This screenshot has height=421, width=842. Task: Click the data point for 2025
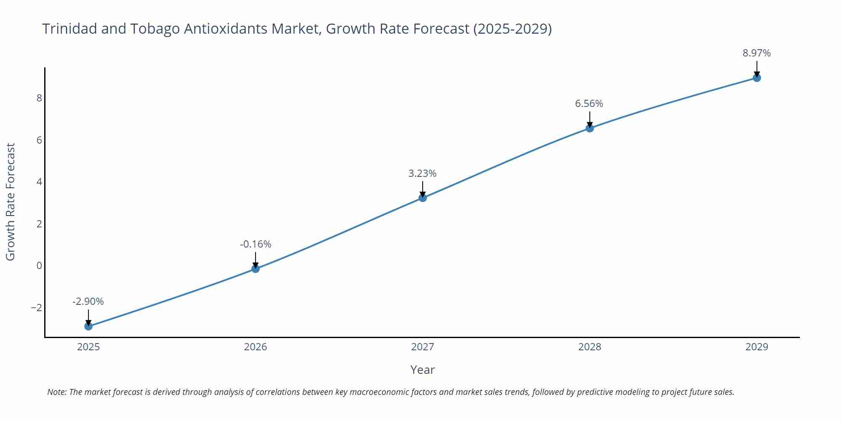tap(88, 326)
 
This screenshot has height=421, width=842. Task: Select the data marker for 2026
tap(256, 269)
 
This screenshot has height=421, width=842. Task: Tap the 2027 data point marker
tap(423, 197)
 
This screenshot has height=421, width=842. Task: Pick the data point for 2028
tap(590, 128)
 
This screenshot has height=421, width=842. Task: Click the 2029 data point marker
tap(757, 77)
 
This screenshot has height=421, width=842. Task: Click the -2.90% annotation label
tap(88, 301)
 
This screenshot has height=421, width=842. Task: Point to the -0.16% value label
tap(256, 244)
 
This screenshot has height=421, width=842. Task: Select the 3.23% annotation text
tap(422, 173)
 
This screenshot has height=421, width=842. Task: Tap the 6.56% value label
tap(589, 104)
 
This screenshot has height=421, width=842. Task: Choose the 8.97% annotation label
tap(757, 53)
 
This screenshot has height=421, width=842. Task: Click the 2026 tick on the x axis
tap(256, 347)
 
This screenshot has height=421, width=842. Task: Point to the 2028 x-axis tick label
tap(589, 347)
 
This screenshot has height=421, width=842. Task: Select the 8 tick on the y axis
tap(39, 98)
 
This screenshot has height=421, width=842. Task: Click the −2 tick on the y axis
tap(37, 308)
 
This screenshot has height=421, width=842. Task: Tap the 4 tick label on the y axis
tap(39, 182)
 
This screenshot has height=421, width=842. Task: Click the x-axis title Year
tap(422, 370)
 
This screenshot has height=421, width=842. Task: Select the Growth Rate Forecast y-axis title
tap(11, 202)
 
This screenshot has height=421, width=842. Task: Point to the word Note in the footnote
tap(56, 392)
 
